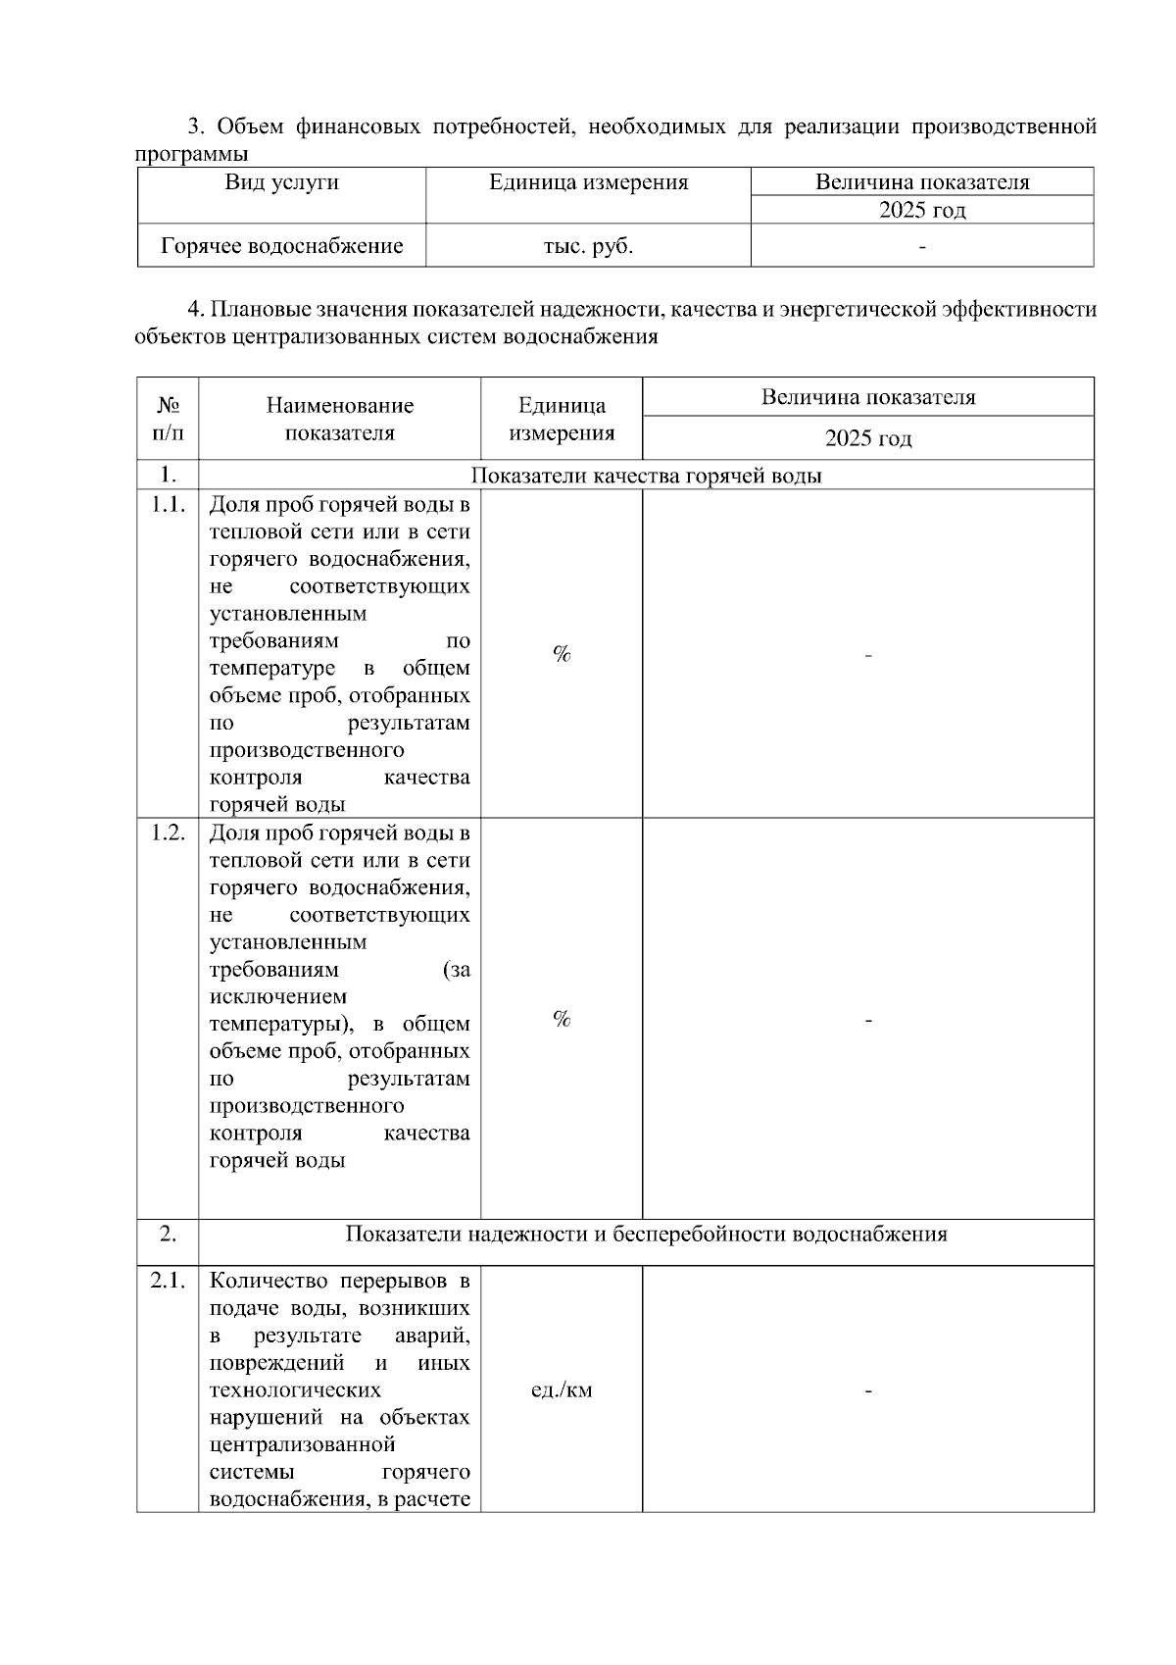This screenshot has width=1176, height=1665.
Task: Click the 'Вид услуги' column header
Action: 281,182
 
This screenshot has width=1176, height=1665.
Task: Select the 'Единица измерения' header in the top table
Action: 588,182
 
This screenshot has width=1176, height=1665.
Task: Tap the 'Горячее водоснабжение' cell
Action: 282,246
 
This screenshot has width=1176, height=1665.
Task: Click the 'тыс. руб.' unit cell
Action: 588,246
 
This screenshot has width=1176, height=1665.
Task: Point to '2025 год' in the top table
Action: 921,211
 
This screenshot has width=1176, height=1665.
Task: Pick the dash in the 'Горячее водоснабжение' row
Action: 921,247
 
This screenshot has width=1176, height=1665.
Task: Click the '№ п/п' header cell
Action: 168,419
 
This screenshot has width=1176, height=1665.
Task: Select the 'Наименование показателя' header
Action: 339,419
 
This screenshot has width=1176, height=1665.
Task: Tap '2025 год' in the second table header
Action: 867,438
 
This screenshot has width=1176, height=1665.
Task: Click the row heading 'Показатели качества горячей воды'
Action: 646,476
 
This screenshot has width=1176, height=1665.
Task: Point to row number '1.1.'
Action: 168,505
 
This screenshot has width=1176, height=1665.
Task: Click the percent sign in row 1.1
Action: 562,654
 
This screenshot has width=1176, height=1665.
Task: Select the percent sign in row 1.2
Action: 562,1020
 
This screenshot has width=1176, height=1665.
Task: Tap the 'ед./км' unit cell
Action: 562,1390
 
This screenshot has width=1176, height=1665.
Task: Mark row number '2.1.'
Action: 168,1281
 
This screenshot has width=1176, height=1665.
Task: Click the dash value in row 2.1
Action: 868,1390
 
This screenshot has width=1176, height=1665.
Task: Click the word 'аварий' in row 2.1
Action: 432,1336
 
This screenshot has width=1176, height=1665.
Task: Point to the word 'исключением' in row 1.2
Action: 278,997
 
